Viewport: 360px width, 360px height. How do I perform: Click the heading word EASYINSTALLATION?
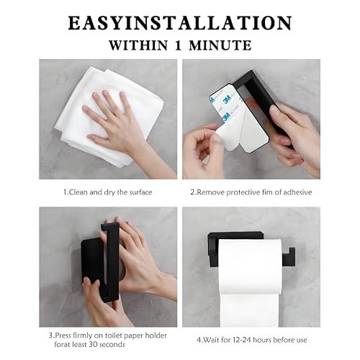click(x=180, y=23)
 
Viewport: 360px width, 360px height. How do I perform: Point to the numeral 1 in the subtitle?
click(x=178, y=45)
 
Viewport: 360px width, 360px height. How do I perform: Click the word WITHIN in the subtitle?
click(x=138, y=45)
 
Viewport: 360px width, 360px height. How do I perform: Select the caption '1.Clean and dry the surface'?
click(x=108, y=192)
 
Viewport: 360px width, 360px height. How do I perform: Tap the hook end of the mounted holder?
click(x=289, y=256)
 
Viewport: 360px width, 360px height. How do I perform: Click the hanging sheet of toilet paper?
click(x=250, y=310)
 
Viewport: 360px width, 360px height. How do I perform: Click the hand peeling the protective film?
click(x=204, y=151)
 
